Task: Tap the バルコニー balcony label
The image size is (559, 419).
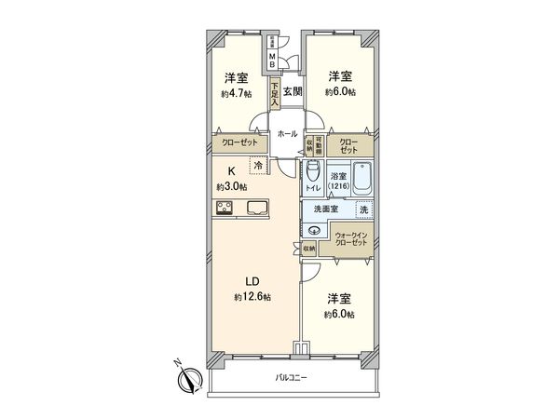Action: click(x=291, y=377)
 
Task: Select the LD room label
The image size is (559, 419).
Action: click(x=252, y=282)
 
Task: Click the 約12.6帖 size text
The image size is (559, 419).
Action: click(x=252, y=297)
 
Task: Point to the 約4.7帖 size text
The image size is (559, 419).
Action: click(x=237, y=93)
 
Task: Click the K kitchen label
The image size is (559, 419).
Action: click(x=232, y=171)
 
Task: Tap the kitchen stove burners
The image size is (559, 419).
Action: click(x=227, y=209)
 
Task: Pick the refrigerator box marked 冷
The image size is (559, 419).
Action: click(x=258, y=166)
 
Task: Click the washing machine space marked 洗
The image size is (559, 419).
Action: click(x=363, y=209)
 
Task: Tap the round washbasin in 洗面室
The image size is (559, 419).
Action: click(x=314, y=231)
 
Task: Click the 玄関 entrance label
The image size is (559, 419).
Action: click(x=293, y=91)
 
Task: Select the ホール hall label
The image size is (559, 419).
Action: click(x=287, y=134)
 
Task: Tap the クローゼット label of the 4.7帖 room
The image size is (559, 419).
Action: click(x=239, y=142)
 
